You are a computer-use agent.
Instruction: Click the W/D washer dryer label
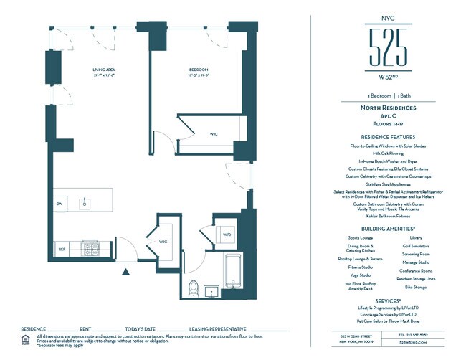(x=227, y=235)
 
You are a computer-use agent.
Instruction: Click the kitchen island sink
(x=84, y=203)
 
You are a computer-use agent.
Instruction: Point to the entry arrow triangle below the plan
(x=126, y=272)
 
